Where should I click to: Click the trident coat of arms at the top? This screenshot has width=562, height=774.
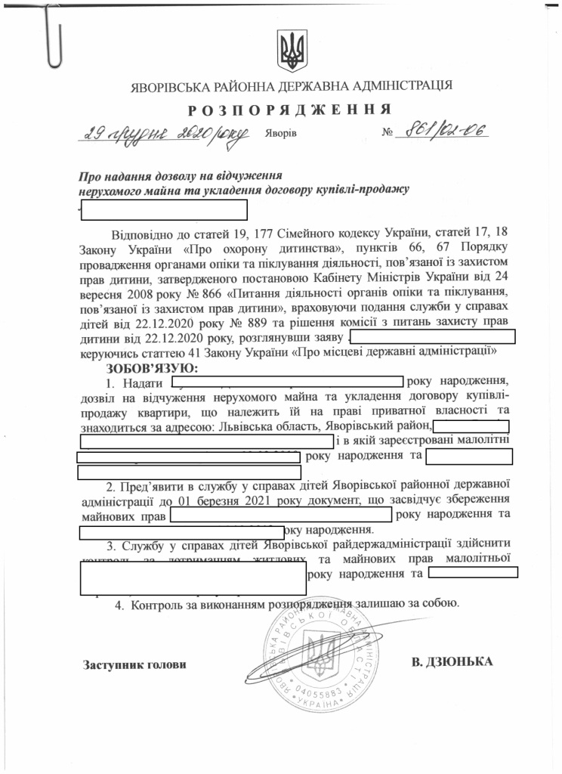292,48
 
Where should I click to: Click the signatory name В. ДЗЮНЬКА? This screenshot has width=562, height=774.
452,662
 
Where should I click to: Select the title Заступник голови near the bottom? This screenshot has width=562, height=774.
134,664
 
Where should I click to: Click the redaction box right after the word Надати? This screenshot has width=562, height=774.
287,382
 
